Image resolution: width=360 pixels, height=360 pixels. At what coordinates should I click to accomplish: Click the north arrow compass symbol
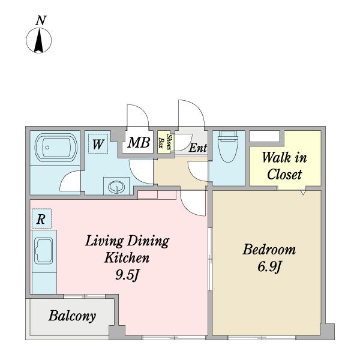pos(39,40)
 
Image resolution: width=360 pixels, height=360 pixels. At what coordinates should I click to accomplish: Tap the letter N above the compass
pos(41,20)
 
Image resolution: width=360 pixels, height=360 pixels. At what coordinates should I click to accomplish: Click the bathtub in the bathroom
pos(56,148)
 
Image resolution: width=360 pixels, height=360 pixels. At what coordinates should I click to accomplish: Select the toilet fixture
pos(228,146)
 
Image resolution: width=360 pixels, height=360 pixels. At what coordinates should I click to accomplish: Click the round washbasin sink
pos(116,187)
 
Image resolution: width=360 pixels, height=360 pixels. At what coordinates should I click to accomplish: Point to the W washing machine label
pos(98,145)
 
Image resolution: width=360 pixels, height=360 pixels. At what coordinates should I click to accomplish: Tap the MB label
pos(139,142)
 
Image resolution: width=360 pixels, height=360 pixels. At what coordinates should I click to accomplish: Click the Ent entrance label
pos(198,148)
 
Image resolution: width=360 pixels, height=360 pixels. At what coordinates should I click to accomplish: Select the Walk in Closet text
pos(284,166)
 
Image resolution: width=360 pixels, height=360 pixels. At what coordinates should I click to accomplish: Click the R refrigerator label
pos(41,219)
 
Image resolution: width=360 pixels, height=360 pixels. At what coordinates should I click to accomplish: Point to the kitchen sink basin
pos(44,251)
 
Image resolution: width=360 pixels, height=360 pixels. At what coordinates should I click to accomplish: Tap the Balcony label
pos(72,316)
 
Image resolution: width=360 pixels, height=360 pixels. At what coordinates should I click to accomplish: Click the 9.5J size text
pos(127,275)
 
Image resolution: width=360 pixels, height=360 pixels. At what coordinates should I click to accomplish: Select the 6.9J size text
pos(269,267)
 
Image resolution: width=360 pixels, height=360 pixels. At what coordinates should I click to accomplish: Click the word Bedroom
pos(269,250)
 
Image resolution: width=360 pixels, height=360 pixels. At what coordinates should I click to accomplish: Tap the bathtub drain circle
pos(47,148)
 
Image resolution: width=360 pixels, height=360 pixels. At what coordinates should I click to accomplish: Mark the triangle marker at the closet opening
pos(303,193)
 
